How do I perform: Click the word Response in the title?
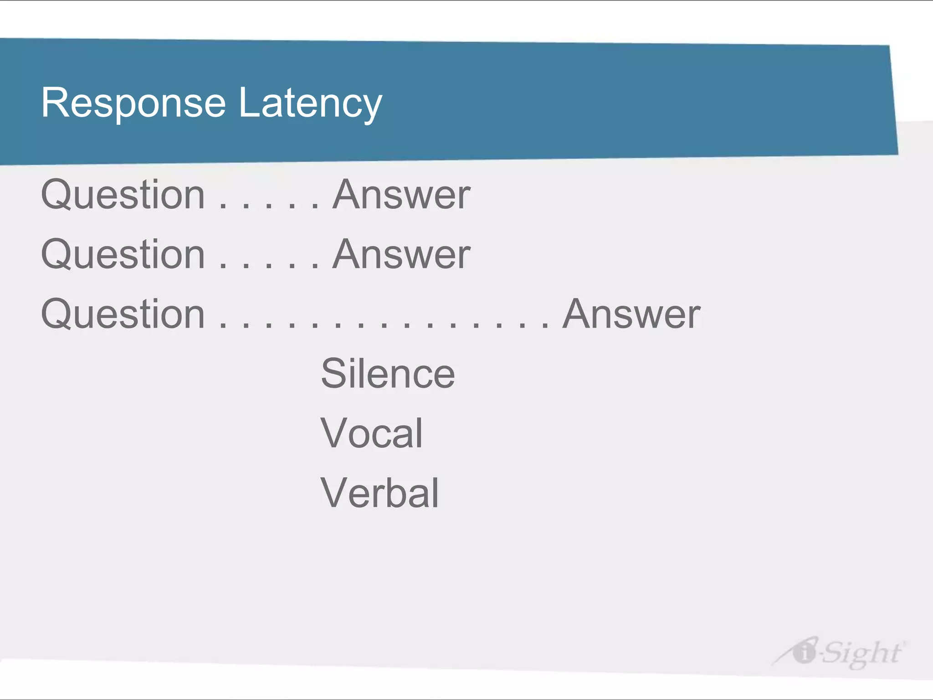click(133, 103)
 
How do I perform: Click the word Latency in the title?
click(310, 103)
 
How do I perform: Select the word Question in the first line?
click(123, 195)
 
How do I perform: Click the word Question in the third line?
click(123, 314)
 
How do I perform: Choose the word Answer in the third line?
click(632, 314)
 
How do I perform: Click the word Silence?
click(388, 373)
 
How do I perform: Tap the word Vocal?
click(372, 433)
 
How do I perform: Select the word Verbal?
click(379, 493)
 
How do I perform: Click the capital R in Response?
click(54, 103)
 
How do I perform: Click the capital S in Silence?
click(335, 373)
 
